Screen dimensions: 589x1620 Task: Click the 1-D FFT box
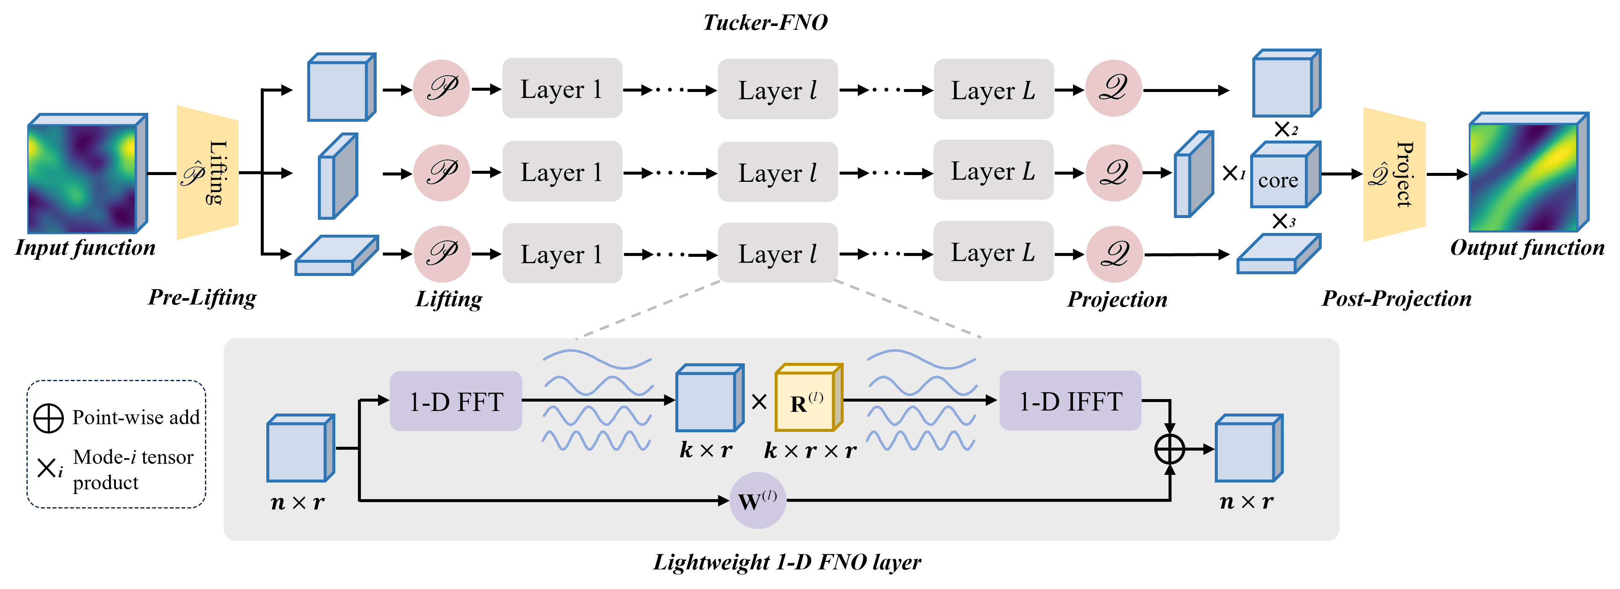[456, 401]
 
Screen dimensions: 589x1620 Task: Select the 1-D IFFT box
[1070, 401]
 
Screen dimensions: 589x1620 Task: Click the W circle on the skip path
[757, 500]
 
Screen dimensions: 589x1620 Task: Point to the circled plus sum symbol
[1170, 449]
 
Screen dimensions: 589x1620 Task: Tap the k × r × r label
[810, 451]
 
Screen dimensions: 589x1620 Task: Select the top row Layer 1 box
[562, 88]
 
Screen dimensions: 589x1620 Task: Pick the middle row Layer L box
[993, 170]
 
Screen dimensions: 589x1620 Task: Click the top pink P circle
[441, 88]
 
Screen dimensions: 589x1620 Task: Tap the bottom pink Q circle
[1114, 254]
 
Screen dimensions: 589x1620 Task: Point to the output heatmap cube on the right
[1527, 173]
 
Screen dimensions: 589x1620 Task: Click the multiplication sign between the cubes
[759, 402]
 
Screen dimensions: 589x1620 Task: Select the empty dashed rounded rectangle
[116, 444]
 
